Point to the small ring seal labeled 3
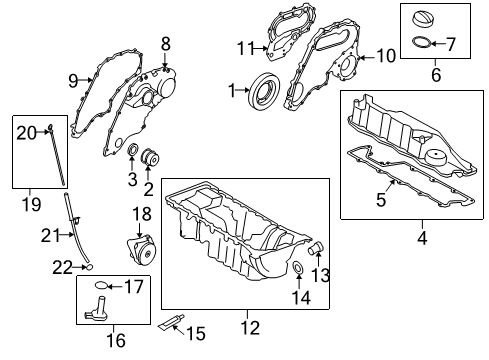pos(132,153)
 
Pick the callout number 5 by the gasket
pos(380,199)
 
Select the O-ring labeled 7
pos(425,44)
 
